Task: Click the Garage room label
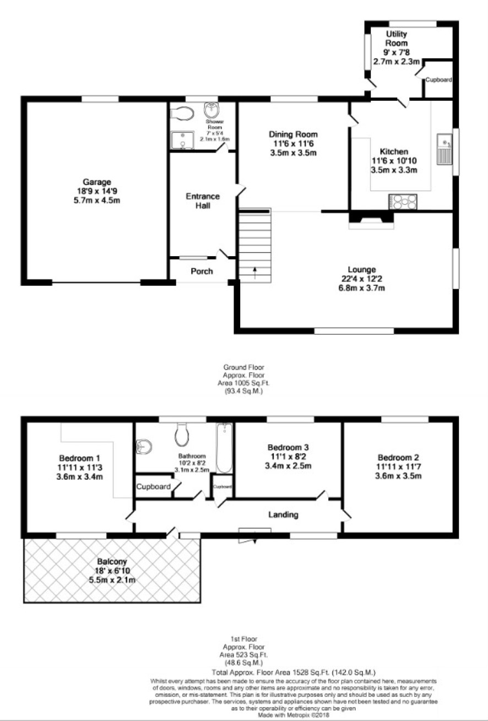[96, 182]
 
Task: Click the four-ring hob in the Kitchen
[403, 202]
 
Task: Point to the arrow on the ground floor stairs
[254, 273]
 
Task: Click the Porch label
[202, 272]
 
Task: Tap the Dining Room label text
[293, 134]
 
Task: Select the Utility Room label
[397, 39]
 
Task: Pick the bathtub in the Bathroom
[224, 448]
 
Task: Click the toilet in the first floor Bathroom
[182, 434]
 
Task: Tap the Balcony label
[112, 561]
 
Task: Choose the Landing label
[283, 514]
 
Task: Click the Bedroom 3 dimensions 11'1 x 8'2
[288, 457]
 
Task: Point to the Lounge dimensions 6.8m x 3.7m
[361, 288]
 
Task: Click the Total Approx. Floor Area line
[294, 673]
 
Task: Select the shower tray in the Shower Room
[182, 140]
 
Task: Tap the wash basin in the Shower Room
[212, 110]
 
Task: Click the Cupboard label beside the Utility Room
[438, 79]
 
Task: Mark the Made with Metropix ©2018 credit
[294, 715]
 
